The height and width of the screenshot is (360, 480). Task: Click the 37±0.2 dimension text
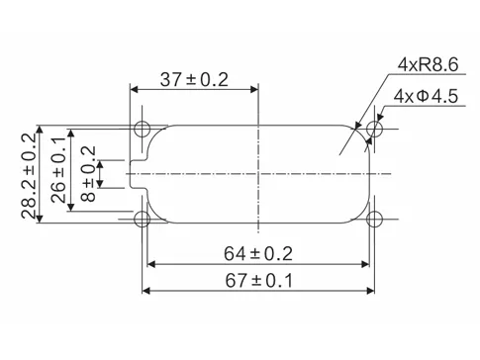tap(194, 80)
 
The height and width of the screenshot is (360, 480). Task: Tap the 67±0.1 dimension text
tap(259, 281)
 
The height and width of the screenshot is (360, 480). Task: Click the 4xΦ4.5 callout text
tap(426, 97)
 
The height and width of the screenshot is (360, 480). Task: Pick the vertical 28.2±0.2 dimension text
tap(29, 173)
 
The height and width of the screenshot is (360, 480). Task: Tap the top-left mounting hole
tap(144, 129)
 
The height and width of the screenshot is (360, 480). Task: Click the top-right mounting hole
tap(375, 130)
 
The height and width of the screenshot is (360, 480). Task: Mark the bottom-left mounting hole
tap(144, 219)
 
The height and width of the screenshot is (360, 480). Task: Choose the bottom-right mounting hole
tap(375, 219)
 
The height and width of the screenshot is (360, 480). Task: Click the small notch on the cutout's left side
tap(137, 174)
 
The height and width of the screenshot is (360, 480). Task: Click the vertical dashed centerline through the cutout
tap(257, 174)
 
